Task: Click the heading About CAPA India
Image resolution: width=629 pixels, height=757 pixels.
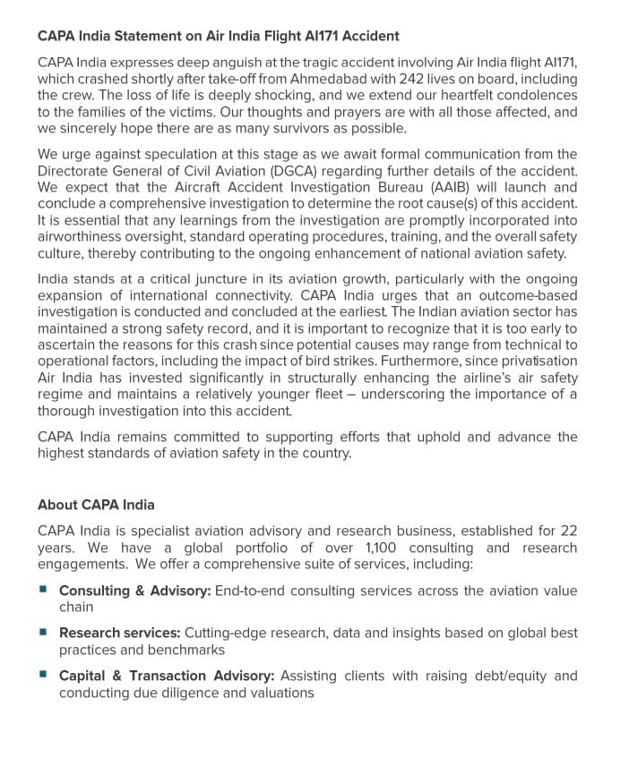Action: click(96, 505)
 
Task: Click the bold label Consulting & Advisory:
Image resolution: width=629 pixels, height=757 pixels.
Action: click(135, 591)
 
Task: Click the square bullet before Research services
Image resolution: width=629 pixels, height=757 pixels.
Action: click(43, 632)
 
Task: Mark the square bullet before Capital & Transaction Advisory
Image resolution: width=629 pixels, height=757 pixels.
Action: click(43, 675)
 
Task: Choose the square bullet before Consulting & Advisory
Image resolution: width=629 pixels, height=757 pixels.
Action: click(43, 590)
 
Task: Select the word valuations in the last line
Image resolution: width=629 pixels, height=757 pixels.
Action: click(279, 693)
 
